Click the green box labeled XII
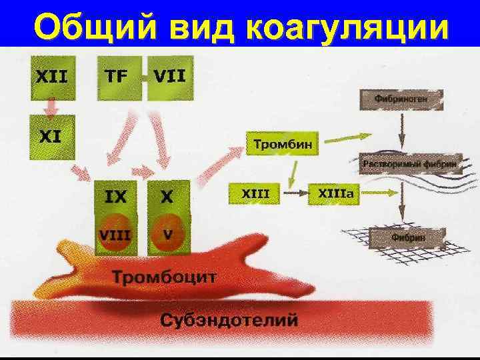50,77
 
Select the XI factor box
50,137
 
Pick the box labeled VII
169,77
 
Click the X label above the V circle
168,196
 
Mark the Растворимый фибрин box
409,163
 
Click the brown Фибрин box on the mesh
408,237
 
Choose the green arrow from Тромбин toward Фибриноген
340,137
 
